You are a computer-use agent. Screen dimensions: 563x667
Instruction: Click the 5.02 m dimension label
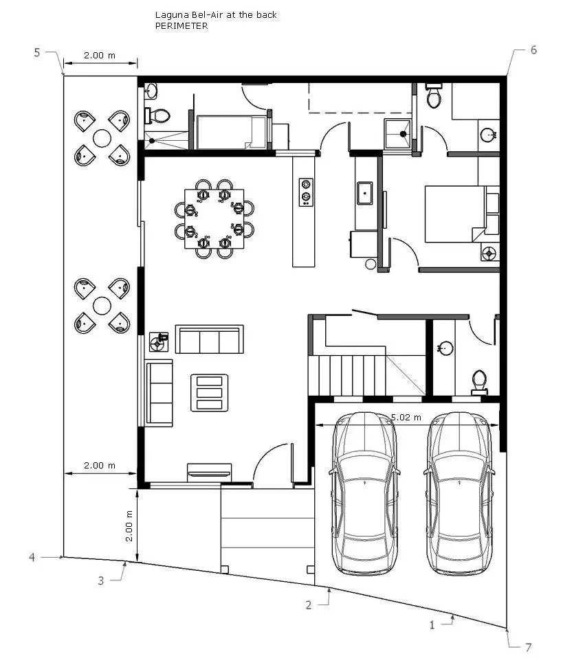click(x=406, y=417)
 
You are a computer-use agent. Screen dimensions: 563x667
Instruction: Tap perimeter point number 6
click(x=533, y=50)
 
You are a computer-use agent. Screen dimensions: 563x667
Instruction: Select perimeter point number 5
click(x=37, y=53)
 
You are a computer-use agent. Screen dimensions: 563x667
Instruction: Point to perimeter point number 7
click(x=529, y=648)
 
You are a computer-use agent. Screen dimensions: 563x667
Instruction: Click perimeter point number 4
click(x=32, y=557)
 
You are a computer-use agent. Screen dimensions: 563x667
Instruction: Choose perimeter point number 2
click(x=309, y=605)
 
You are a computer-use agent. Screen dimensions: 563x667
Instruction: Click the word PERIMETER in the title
click(x=181, y=26)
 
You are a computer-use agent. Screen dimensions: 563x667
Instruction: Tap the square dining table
click(x=214, y=218)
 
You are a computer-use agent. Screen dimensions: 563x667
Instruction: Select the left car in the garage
click(x=364, y=493)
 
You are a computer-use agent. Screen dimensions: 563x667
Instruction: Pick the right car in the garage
click(x=459, y=493)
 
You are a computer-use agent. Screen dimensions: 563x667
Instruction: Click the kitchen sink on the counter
click(x=365, y=193)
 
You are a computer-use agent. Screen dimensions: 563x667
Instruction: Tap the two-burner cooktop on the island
click(x=305, y=192)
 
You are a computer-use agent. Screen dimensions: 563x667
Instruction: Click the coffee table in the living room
click(x=210, y=393)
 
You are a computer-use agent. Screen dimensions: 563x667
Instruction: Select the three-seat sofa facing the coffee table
click(x=210, y=339)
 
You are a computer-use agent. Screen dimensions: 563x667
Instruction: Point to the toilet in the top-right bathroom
click(x=434, y=95)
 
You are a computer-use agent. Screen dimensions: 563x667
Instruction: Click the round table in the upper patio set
click(x=102, y=138)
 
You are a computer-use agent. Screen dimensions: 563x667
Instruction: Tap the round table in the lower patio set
click(x=102, y=306)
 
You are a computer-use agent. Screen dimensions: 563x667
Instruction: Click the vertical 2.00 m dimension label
click(x=129, y=526)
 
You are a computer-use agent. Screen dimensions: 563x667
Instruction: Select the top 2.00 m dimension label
click(x=100, y=56)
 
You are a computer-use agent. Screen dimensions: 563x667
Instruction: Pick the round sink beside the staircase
click(x=445, y=348)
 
